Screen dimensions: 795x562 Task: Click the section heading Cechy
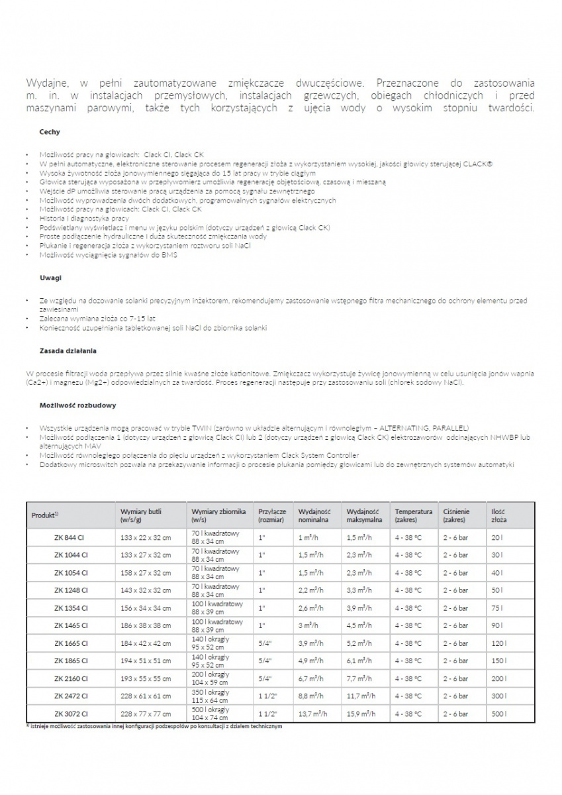click(x=50, y=132)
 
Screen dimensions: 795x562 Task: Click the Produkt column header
click(x=46, y=515)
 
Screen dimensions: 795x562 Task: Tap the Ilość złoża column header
click(x=498, y=515)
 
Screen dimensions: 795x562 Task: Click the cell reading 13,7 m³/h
click(x=312, y=714)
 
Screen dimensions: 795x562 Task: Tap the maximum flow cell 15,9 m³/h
click(x=361, y=714)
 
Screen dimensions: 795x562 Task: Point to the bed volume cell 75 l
click(x=497, y=608)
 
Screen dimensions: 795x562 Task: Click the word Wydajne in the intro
click(x=45, y=83)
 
